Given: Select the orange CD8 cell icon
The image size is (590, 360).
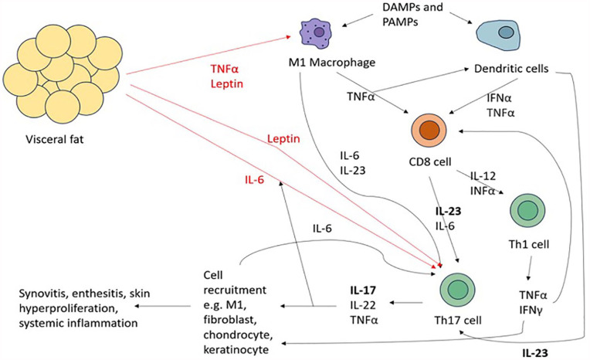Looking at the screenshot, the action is pyautogui.click(x=429, y=131).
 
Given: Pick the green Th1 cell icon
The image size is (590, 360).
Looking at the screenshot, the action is pyautogui.click(x=527, y=211).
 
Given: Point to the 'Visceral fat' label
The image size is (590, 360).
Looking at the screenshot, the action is pyautogui.click(x=55, y=140).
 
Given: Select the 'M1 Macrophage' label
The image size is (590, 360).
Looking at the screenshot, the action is pyautogui.click(x=332, y=63).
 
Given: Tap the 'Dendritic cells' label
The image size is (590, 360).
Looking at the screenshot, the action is pyautogui.click(x=511, y=69).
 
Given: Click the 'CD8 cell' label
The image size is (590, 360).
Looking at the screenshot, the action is pyautogui.click(x=430, y=162).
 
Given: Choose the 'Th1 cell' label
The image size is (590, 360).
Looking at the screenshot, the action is pyautogui.click(x=529, y=244).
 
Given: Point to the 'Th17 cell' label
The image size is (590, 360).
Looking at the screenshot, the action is pyautogui.click(x=457, y=321).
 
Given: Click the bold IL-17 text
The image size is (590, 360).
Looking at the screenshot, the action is pyautogui.click(x=363, y=290).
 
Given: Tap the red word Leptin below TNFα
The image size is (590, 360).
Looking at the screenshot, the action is pyautogui.click(x=227, y=84).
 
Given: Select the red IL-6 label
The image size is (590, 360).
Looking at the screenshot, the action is pyautogui.click(x=254, y=180).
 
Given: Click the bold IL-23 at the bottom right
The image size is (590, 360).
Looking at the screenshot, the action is pyautogui.click(x=534, y=353).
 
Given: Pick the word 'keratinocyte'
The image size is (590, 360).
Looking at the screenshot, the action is pyautogui.click(x=236, y=350).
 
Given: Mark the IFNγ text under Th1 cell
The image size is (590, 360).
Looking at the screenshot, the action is pyautogui.click(x=531, y=310).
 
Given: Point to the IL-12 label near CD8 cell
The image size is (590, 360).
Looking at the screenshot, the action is pyautogui.click(x=483, y=176).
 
